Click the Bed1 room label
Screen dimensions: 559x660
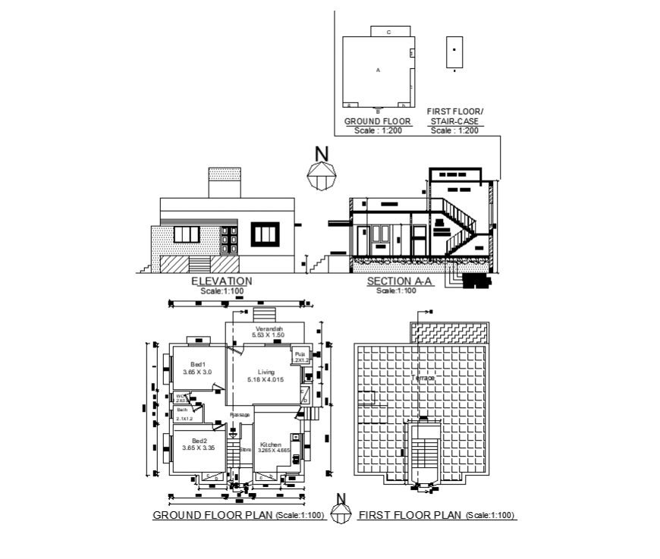pos(198,365)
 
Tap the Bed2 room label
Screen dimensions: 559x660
pos(199,441)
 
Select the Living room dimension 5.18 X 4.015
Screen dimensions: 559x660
pos(266,379)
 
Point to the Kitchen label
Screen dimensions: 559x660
pos(271,444)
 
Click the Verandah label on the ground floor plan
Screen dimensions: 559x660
pos(269,328)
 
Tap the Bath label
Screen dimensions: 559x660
pos(182,410)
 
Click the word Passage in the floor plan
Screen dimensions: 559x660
pos(240,415)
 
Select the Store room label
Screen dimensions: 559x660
pos(245,450)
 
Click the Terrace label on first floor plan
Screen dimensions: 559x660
pos(423,378)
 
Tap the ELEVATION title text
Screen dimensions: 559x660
pos(222,281)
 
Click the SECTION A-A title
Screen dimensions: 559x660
pos(399,281)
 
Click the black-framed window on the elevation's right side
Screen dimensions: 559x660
pos(266,234)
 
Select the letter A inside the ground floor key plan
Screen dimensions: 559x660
pos(377,70)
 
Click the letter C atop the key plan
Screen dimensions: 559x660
pos(388,33)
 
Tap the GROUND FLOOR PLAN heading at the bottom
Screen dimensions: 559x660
pos(212,516)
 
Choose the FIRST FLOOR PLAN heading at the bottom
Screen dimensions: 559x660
pos(410,516)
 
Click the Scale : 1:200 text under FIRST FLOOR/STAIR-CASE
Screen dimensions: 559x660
pos(454,130)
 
